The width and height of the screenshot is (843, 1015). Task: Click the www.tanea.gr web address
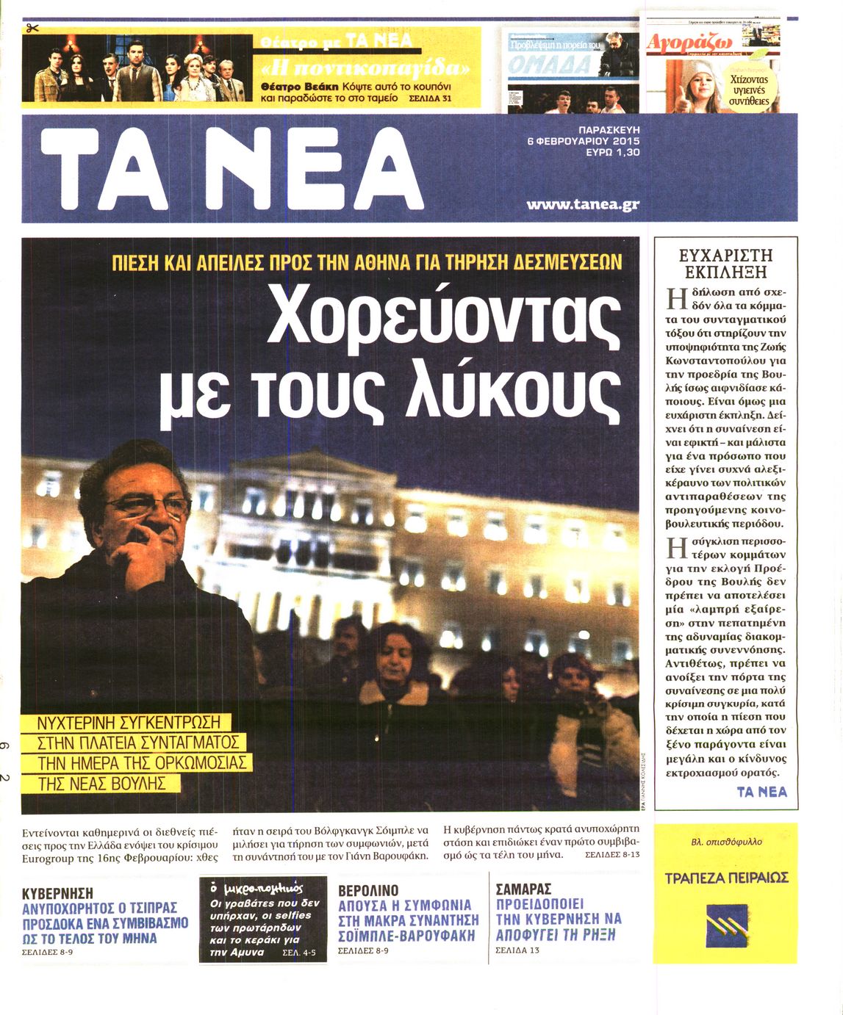(x=583, y=204)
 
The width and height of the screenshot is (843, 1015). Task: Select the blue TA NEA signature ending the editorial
(x=761, y=792)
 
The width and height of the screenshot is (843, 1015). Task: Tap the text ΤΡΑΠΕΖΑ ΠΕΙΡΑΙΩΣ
(x=725, y=878)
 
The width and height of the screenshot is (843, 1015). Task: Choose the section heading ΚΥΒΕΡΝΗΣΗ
(x=57, y=894)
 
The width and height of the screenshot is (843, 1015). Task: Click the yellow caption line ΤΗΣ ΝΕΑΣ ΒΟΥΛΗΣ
(x=100, y=783)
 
